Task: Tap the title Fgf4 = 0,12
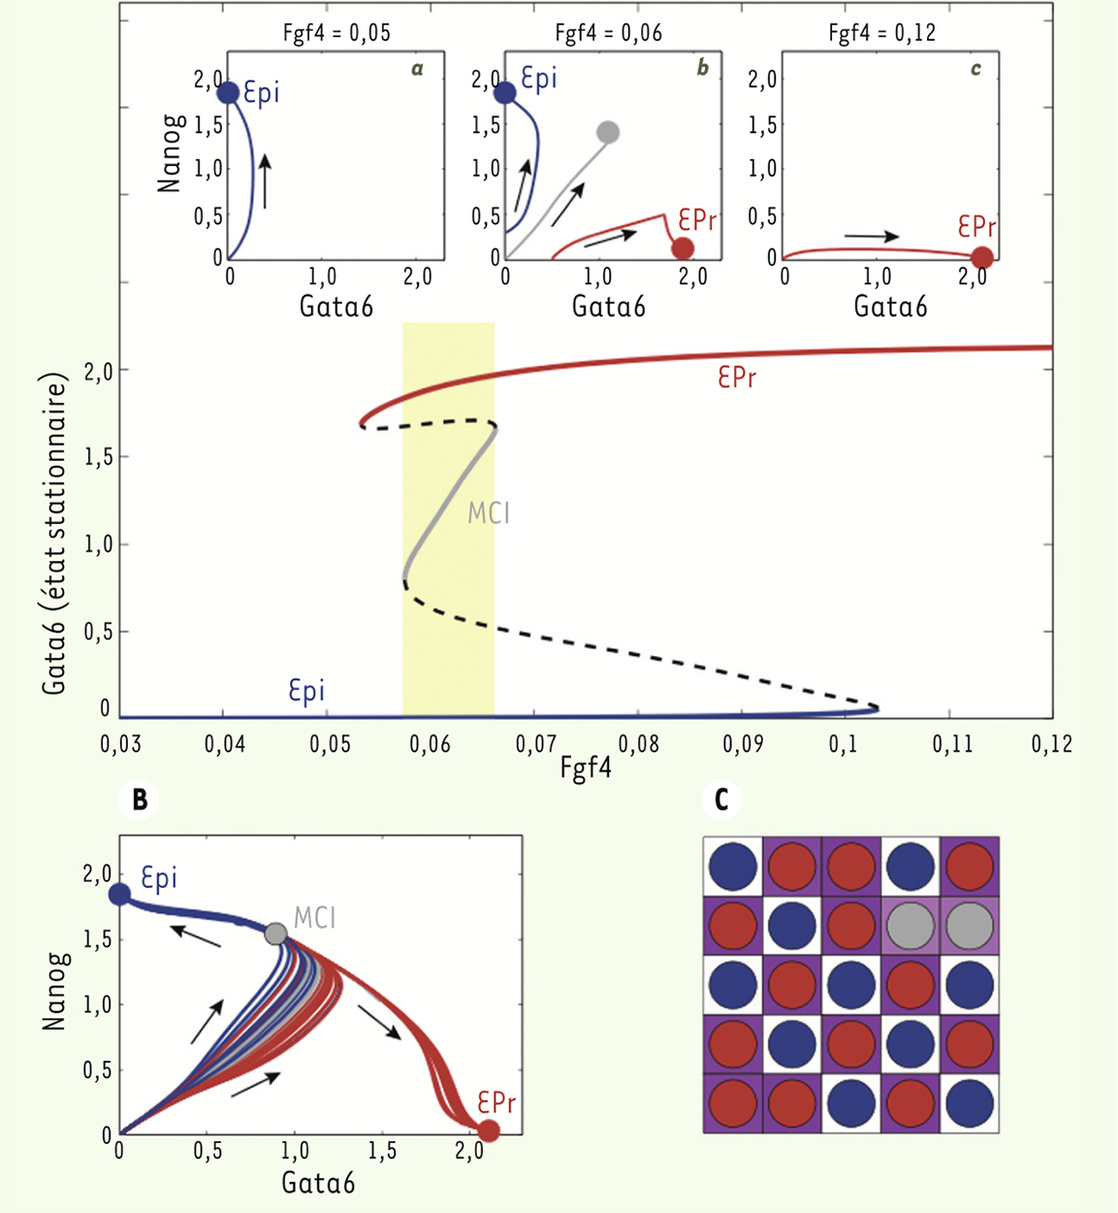881,33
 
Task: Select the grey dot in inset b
608,132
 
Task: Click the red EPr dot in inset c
981,257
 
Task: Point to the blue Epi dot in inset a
228,93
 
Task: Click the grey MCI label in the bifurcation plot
489,512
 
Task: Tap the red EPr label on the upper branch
737,377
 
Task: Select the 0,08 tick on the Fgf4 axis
639,744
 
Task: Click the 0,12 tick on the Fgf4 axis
1052,744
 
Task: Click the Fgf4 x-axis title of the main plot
586,770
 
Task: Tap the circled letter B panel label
140,800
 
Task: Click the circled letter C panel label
721,800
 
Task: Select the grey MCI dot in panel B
275,934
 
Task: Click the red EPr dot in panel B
489,1131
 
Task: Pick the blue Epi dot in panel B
119,894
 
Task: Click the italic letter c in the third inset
975,68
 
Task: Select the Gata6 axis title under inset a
335,307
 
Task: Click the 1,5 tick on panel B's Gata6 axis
382,1152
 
